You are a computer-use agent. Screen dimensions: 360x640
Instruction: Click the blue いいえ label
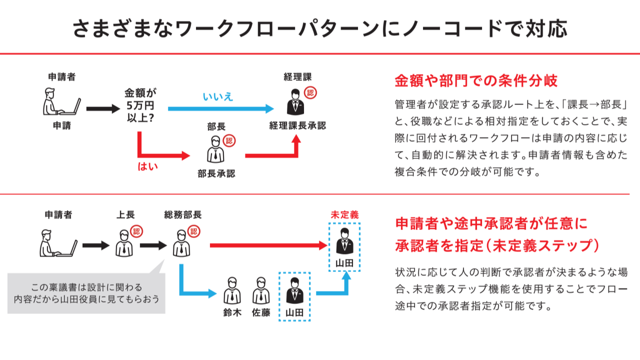point(217,96)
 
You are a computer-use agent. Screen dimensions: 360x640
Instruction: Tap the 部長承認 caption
point(216,173)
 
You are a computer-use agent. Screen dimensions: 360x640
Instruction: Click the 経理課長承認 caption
point(297,125)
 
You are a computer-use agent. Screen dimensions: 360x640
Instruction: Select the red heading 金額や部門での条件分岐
point(476,80)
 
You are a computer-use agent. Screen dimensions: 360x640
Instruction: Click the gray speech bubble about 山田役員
point(86,293)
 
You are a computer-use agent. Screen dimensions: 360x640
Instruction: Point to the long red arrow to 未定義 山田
point(268,245)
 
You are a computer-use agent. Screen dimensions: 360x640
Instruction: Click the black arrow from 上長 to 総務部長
point(153,245)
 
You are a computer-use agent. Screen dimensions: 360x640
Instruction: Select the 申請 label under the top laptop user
point(62,125)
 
